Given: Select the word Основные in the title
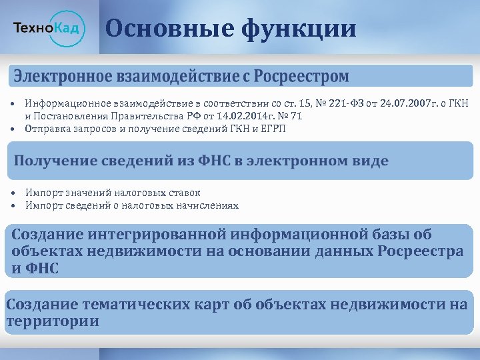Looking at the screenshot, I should click(167, 29).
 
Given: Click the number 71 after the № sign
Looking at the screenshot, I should click(297, 116).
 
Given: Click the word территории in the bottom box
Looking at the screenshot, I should click(53, 321).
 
